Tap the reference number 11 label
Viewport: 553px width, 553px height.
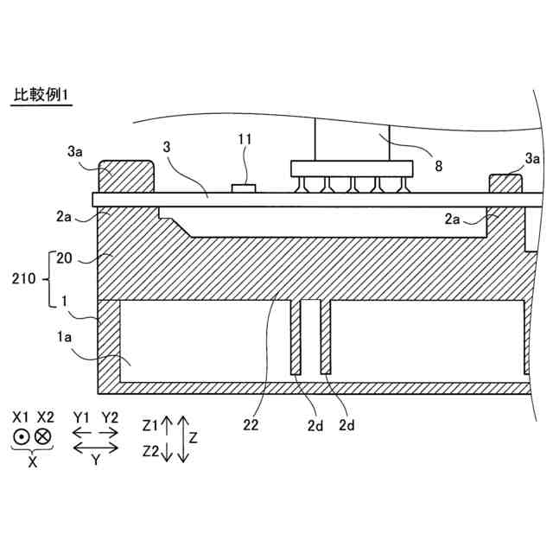tap(246, 138)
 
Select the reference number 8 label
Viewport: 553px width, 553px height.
tap(438, 163)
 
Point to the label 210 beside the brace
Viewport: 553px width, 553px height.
tap(23, 280)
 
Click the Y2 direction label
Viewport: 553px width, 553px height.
tap(110, 417)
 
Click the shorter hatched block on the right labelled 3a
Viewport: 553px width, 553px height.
tap(506, 183)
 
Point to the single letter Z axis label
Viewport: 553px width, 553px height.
tap(194, 439)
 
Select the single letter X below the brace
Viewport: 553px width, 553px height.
tap(33, 463)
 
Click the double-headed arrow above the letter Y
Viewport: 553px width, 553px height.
tap(96, 448)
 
